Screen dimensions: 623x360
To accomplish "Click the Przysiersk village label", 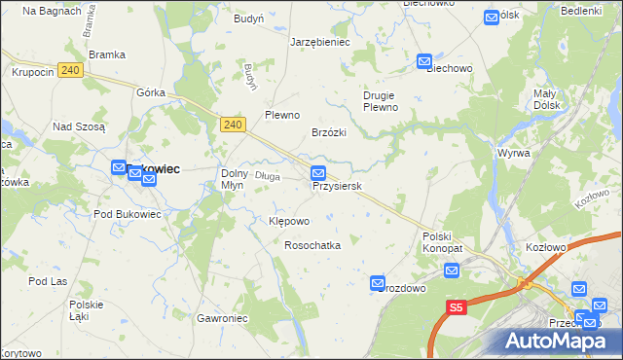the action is (338, 186).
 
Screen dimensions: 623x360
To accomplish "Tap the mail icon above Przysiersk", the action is (318, 173).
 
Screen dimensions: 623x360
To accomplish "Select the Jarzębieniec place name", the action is (320, 43).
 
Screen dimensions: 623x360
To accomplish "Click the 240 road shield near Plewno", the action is (232, 125).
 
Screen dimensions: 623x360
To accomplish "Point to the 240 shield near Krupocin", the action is (69, 70).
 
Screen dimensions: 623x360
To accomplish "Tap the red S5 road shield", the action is (457, 307).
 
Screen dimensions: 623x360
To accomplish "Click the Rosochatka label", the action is (311, 246).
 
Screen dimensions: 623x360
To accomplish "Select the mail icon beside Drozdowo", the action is (378, 283).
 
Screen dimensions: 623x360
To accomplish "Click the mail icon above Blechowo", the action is (424, 61).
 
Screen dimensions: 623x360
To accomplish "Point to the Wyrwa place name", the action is (513, 154).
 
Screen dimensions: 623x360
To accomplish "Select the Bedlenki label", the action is (581, 10).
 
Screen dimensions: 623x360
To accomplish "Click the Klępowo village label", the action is (288, 221).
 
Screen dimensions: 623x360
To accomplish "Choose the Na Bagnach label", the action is (42, 11).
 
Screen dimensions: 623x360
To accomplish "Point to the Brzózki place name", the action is (328, 132).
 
